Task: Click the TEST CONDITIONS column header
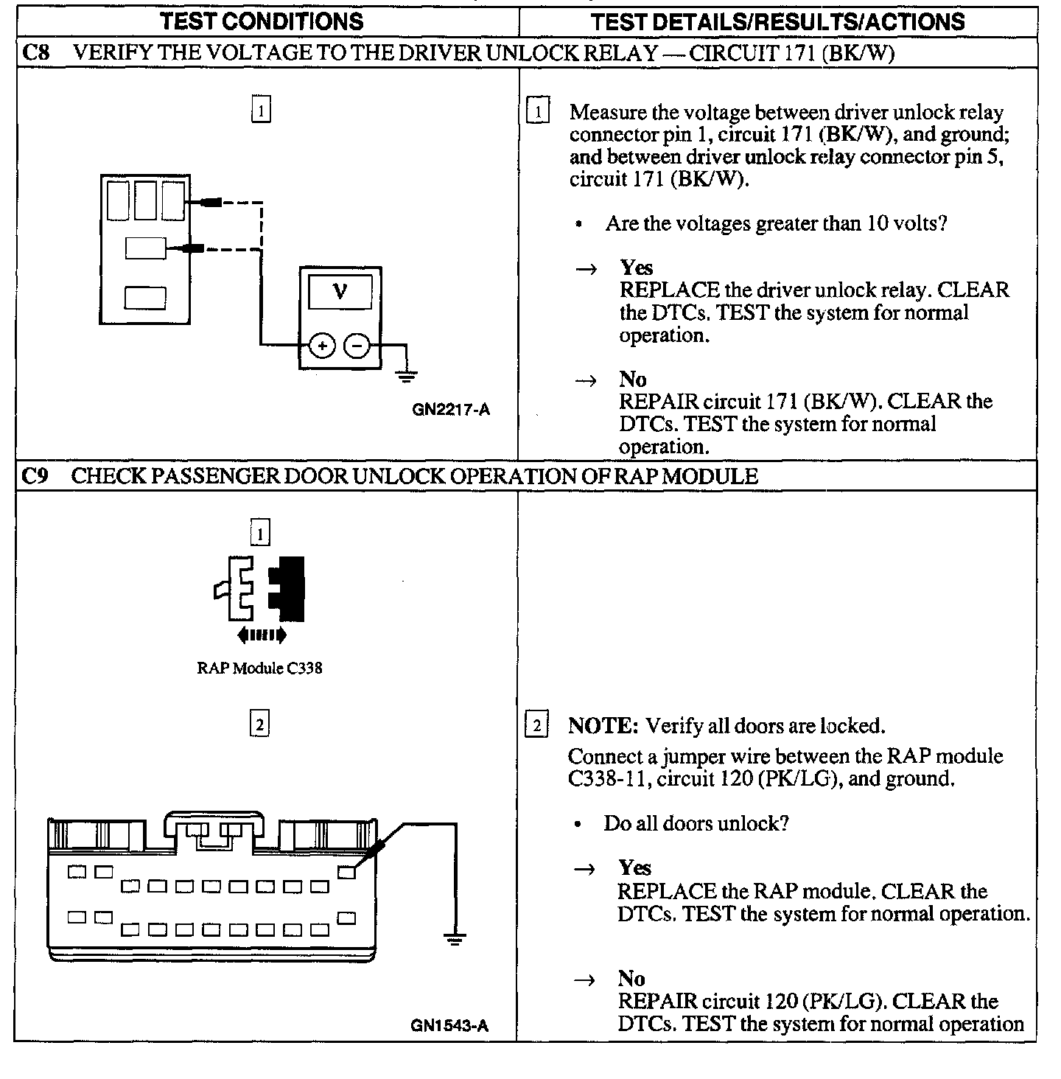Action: (262, 21)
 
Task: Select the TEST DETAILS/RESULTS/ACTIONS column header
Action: (777, 21)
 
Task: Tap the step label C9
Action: (34, 476)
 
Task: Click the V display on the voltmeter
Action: (340, 293)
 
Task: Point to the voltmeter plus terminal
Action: (322, 345)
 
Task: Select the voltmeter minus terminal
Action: (358, 345)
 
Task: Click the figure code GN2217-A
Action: (451, 411)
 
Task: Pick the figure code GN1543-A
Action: (449, 1025)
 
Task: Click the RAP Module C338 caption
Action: (259, 668)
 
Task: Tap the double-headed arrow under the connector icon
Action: (262, 635)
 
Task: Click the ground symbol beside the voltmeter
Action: (405, 375)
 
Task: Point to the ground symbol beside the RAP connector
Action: (455, 938)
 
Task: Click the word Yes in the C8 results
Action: (636, 267)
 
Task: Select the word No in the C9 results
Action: (631, 978)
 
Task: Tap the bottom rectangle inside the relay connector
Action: (145, 298)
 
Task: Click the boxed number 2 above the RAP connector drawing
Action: (260, 725)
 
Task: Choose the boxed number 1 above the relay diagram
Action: (261, 111)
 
